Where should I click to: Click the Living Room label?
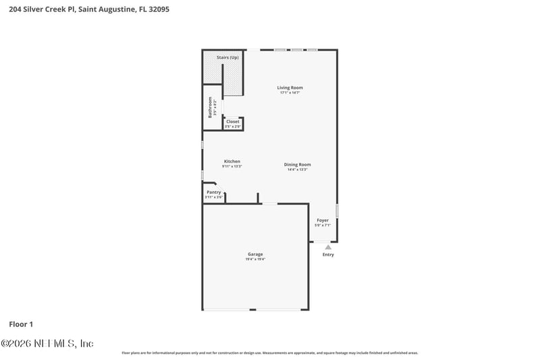pos(290,87)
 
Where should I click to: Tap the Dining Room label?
pos(297,164)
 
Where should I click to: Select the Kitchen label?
pos(232,161)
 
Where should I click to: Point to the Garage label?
pos(255,254)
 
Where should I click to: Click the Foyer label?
pos(323,220)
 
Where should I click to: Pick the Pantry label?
pos(213,192)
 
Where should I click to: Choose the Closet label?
pos(232,122)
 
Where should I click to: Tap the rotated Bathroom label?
pos(210,107)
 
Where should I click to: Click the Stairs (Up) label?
pos(227,57)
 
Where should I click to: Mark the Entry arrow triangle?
pos(328,247)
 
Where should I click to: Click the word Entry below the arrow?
pos(328,255)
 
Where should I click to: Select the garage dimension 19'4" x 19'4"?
pos(255,259)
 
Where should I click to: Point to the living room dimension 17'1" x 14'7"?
pos(290,93)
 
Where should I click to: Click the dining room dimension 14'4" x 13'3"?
pos(297,170)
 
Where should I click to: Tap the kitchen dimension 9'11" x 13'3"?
pos(232,166)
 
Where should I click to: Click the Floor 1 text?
pos(21,324)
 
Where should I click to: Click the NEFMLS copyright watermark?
pos(47,344)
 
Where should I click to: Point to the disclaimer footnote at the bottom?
pos(269,353)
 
